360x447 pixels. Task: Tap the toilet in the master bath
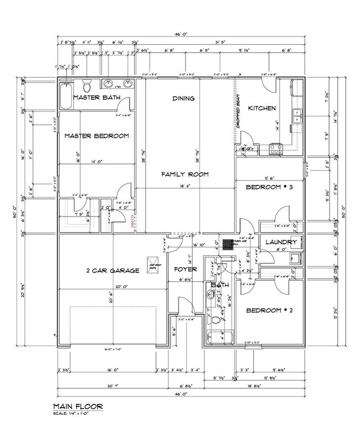coord(86,86)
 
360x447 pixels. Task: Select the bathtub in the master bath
coord(66,95)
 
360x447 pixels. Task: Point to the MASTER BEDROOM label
coord(96,136)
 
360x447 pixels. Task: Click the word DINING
coord(183,99)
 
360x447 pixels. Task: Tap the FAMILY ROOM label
coord(184,174)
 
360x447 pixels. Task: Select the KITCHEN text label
coord(261,108)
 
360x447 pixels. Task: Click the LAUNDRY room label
coord(281,243)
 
